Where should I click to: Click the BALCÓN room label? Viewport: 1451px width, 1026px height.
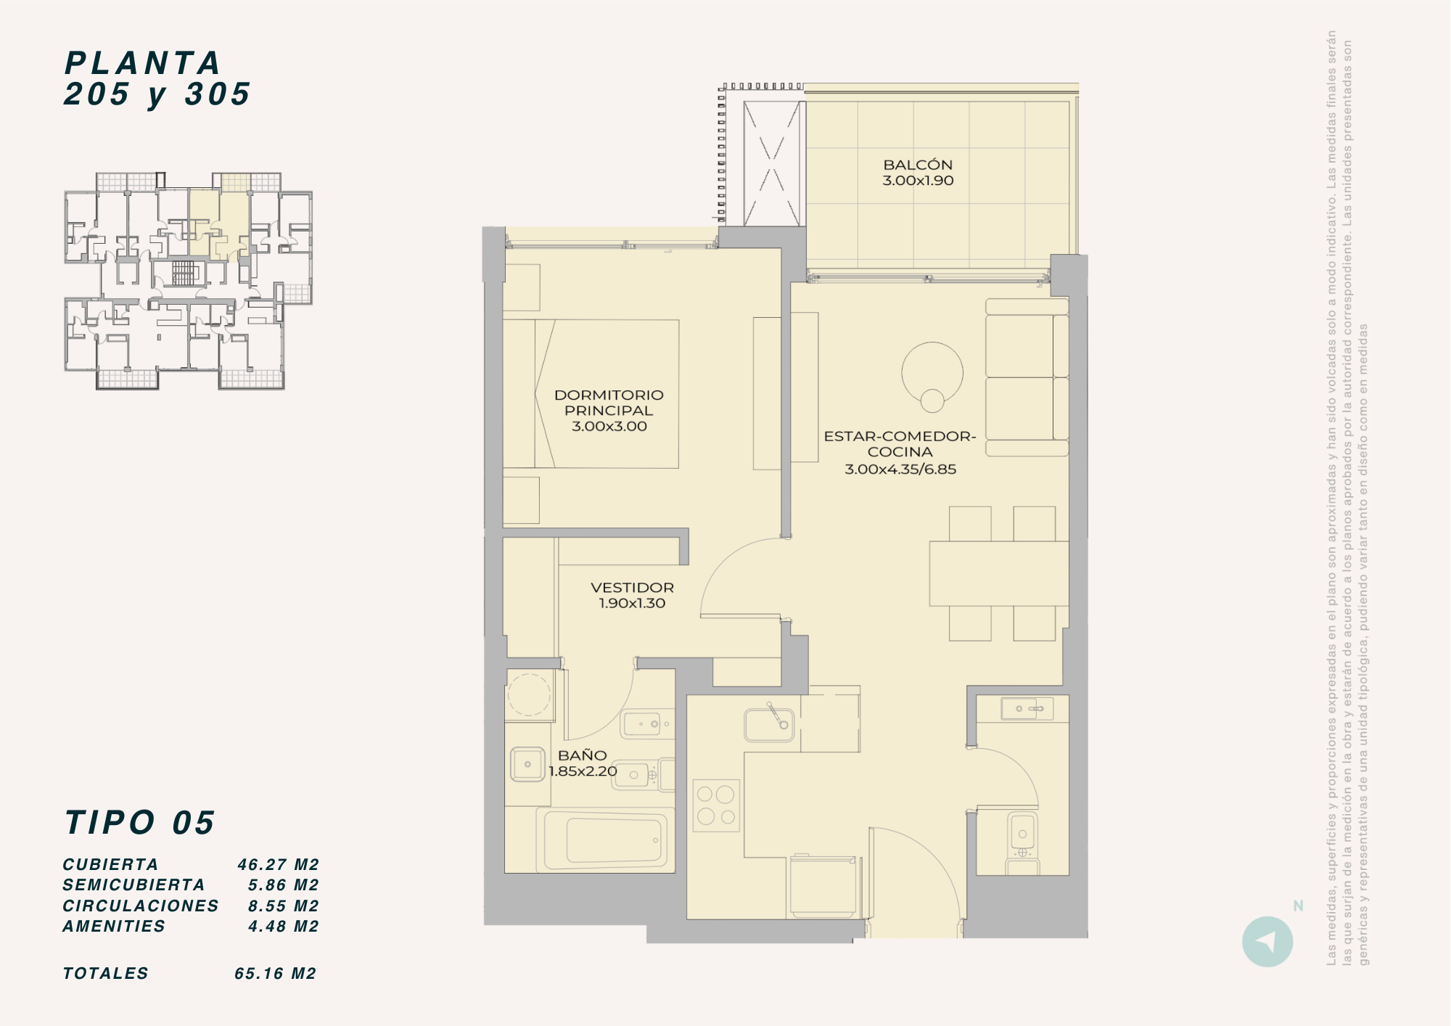coord(918,165)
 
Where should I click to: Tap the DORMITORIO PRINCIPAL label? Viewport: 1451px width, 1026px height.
coord(609,403)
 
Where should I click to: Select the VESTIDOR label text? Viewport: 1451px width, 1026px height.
coord(632,588)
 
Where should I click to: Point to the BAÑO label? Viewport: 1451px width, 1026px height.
coord(583,755)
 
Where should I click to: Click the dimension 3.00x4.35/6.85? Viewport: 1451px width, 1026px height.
coord(900,469)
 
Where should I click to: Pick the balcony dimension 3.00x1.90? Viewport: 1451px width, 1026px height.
coord(918,181)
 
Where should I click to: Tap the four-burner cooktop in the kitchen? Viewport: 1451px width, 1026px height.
coord(716,805)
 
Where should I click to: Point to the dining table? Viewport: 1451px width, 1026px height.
coord(999,573)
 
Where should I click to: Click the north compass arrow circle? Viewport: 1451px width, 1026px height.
coord(1267,942)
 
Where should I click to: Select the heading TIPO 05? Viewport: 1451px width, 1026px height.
coord(139,823)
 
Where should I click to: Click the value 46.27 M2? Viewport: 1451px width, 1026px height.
coord(278,864)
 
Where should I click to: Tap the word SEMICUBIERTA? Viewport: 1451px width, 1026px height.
coord(133,885)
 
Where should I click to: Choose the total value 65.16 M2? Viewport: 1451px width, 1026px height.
coord(276,974)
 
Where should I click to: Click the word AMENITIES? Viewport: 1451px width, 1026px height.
coord(114,927)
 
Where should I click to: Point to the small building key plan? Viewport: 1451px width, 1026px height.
coord(189,281)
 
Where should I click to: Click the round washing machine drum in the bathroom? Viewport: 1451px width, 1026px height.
coord(529,694)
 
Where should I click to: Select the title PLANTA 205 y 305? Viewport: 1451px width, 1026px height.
coord(157,78)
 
